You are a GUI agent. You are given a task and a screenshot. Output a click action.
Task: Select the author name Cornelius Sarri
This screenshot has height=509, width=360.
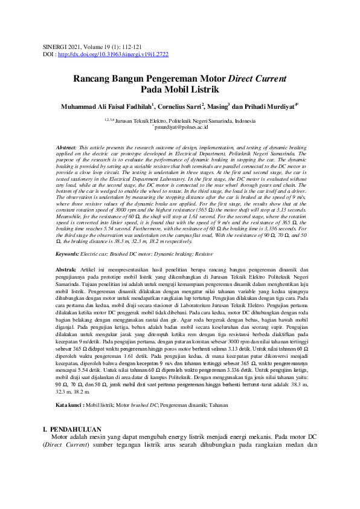(181, 107)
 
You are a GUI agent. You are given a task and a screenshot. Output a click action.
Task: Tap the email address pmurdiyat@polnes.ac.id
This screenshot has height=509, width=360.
(181, 128)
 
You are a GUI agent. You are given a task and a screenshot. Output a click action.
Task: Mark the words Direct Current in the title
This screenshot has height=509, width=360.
(257, 79)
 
